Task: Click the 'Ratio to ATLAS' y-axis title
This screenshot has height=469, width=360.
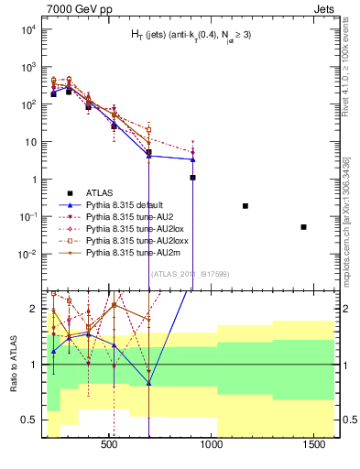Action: tap(12, 364)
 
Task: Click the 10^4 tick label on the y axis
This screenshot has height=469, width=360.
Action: tap(27, 29)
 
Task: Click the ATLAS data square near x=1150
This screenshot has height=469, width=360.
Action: tap(245, 206)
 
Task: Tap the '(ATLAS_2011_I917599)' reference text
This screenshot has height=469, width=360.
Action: tap(190, 272)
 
